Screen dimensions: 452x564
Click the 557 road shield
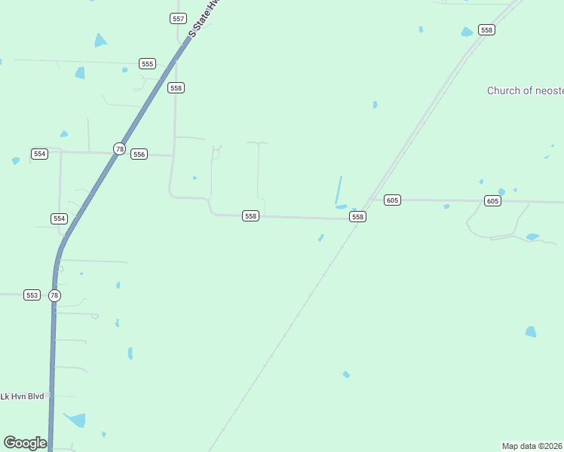pos(178,18)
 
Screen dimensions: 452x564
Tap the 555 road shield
pos(147,64)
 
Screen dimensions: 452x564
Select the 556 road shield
pos(139,154)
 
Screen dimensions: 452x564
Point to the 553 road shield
pos(32,295)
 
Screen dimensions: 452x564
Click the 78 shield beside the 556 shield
pos(119,149)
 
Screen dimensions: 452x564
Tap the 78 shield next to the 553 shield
pos(54,295)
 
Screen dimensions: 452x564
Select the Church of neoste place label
pos(525,91)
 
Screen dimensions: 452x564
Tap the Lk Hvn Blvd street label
pos(23,396)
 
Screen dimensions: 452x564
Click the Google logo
pos(25,443)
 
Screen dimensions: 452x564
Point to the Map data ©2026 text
pos(532,446)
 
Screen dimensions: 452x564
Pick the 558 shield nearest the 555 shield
pos(176,88)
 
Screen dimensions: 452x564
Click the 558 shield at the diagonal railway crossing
pos(357,217)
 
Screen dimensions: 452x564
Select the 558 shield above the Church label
pos(486,30)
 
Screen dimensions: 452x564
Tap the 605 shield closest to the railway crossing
pos(391,200)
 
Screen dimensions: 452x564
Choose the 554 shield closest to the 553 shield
pos(59,218)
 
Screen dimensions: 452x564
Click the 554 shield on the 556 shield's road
pos(39,154)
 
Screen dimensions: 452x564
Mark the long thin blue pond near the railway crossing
pos(339,189)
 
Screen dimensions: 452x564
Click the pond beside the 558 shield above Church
pos(467,32)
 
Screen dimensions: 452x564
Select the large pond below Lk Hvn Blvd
pos(75,420)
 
